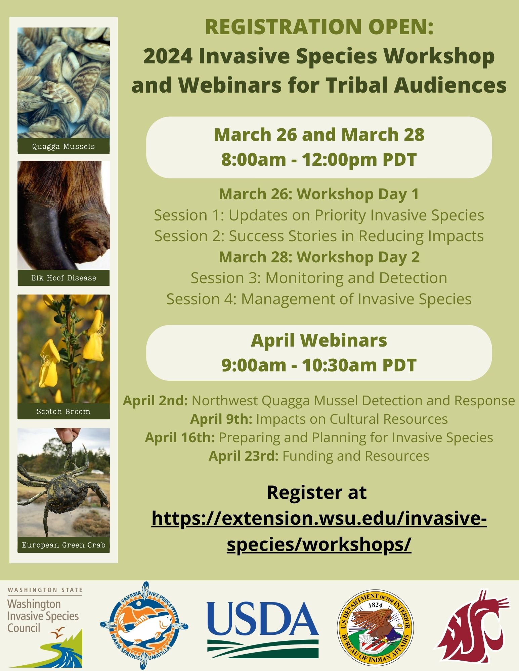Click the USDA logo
point(263,629)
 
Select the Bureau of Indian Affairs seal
point(375,627)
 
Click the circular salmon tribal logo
point(144,626)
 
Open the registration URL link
point(319,531)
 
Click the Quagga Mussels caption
point(63,147)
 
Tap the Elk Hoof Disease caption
point(63,278)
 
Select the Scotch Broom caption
point(63,412)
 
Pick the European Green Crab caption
point(63,545)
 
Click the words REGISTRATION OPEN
point(319,27)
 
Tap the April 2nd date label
point(155,401)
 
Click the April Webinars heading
point(319,341)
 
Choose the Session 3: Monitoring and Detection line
point(319,278)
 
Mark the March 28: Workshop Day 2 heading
point(319,257)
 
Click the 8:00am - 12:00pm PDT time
point(319,160)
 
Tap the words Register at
point(317,493)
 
